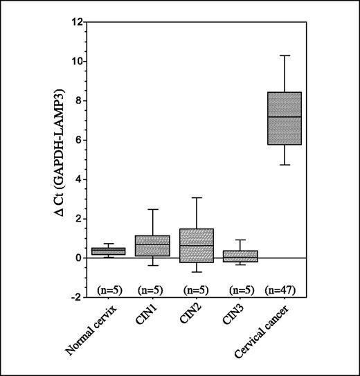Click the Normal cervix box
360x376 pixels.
coord(108,251)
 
